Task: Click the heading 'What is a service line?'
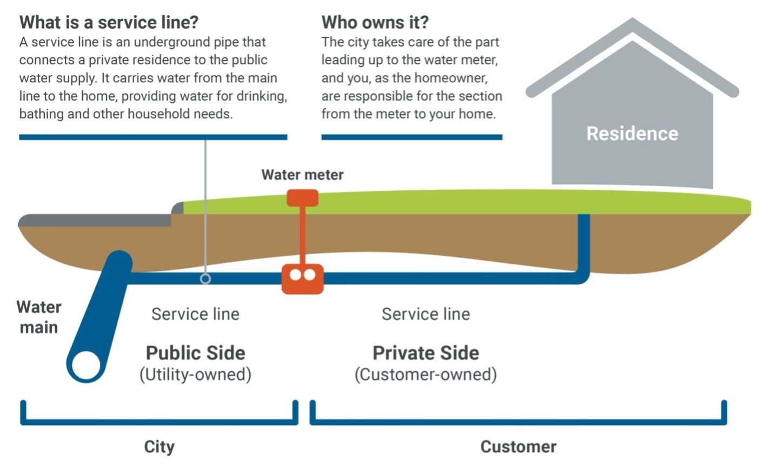(x=109, y=23)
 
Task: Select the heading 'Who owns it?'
(x=375, y=23)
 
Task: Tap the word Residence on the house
(x=632, y=134)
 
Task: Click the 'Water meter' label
(x=302, y=175)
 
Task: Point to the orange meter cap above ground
(x=302, y=198)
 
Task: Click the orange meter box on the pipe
(x=302, y=278)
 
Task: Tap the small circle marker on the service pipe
(x=205, y=279)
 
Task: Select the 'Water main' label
(x=39, y=317)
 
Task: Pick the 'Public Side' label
(x=195, y=353)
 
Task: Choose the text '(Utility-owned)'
(x=195, y=375)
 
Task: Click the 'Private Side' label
(x=426, y=353)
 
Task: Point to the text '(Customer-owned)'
(x=426, y=375)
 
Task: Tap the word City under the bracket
(x=159, y=447)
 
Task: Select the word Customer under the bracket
(x=518, y=447)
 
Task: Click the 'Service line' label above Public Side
(x=195, y=314)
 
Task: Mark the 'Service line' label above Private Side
(x=426, y=314)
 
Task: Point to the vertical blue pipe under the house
(x=583, y=243)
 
